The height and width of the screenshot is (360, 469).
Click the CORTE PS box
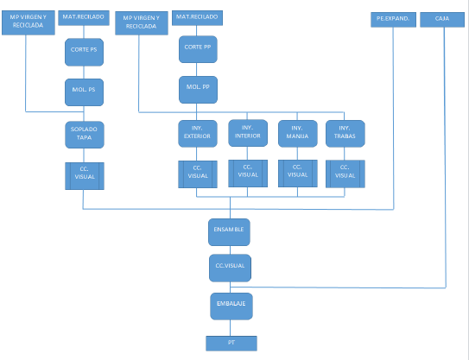point(84,52)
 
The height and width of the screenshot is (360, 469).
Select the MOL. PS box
point(84,92)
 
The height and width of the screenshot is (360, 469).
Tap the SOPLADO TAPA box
point(85,135)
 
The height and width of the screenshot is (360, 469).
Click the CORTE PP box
point(198,49)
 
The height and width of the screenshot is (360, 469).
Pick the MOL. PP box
point(198,90)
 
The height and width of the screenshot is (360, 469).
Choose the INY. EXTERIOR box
point(198,134)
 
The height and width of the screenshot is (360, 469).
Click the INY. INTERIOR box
point(248,133)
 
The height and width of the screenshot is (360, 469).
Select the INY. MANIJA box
point(298,134)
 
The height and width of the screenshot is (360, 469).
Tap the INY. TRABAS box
point(345,134)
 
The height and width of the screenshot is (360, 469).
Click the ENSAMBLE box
point(229,232)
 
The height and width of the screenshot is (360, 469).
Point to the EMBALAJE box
point(231,306)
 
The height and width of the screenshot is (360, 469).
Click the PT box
point(231,344)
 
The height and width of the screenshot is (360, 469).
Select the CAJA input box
point(442,20)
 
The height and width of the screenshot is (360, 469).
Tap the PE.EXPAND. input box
point(393,20)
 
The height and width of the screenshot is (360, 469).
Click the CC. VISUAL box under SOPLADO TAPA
point(85,176)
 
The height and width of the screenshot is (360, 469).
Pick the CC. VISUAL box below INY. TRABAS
point(345,174)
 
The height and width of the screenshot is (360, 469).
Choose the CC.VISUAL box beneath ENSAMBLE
point(230,268)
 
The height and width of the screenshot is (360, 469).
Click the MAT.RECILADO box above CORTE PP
point(197,17)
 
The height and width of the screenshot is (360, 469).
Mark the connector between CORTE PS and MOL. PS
point(84,73)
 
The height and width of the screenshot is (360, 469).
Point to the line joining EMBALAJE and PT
point(230,328)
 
